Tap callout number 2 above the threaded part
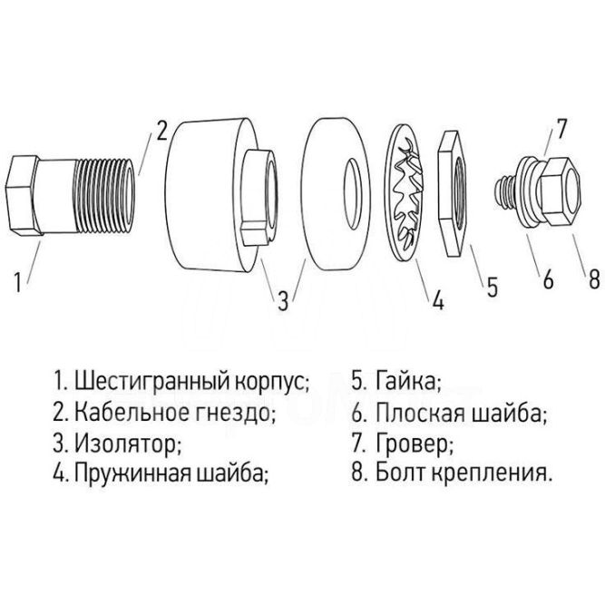coord(160,130)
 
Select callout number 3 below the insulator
coord(284,299)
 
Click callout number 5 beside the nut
coord(492,288)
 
